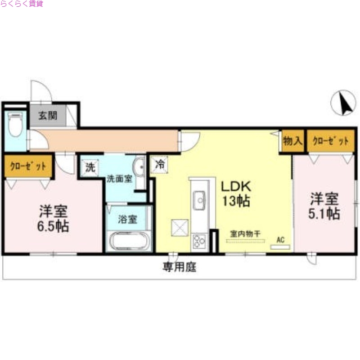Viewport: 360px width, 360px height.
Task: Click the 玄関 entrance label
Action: (x=47, y=116)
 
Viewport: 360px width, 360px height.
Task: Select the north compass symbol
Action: (x=343, y=103)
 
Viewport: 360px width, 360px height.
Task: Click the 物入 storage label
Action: (x=292, y=141)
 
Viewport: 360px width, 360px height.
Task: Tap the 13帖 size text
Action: (x=234, y=201)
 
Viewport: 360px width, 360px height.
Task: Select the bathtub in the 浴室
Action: (x=129, y=241)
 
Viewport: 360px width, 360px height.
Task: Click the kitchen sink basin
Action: (x=199, y=198)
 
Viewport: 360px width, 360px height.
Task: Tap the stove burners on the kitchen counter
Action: (x=198, y=241)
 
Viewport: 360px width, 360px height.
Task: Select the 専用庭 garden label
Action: (x=180, y=268)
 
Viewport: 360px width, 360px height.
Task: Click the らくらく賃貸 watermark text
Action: (x=22, y=4)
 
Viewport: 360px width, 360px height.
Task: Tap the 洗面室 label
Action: (x=119, y=178)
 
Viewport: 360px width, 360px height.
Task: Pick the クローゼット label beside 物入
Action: (x=331, y=141)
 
